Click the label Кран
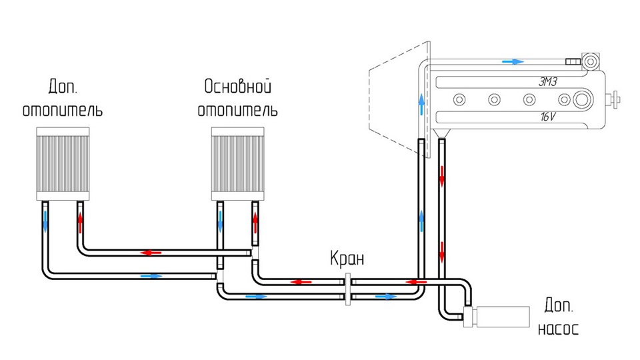347,259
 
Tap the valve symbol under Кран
347,289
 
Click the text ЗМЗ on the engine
549,82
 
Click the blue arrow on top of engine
512,61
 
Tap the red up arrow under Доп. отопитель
81,221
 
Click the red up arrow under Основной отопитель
255,221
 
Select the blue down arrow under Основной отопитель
221,221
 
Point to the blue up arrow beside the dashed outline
421,103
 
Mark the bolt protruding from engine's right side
615,101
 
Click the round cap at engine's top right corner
589,62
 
